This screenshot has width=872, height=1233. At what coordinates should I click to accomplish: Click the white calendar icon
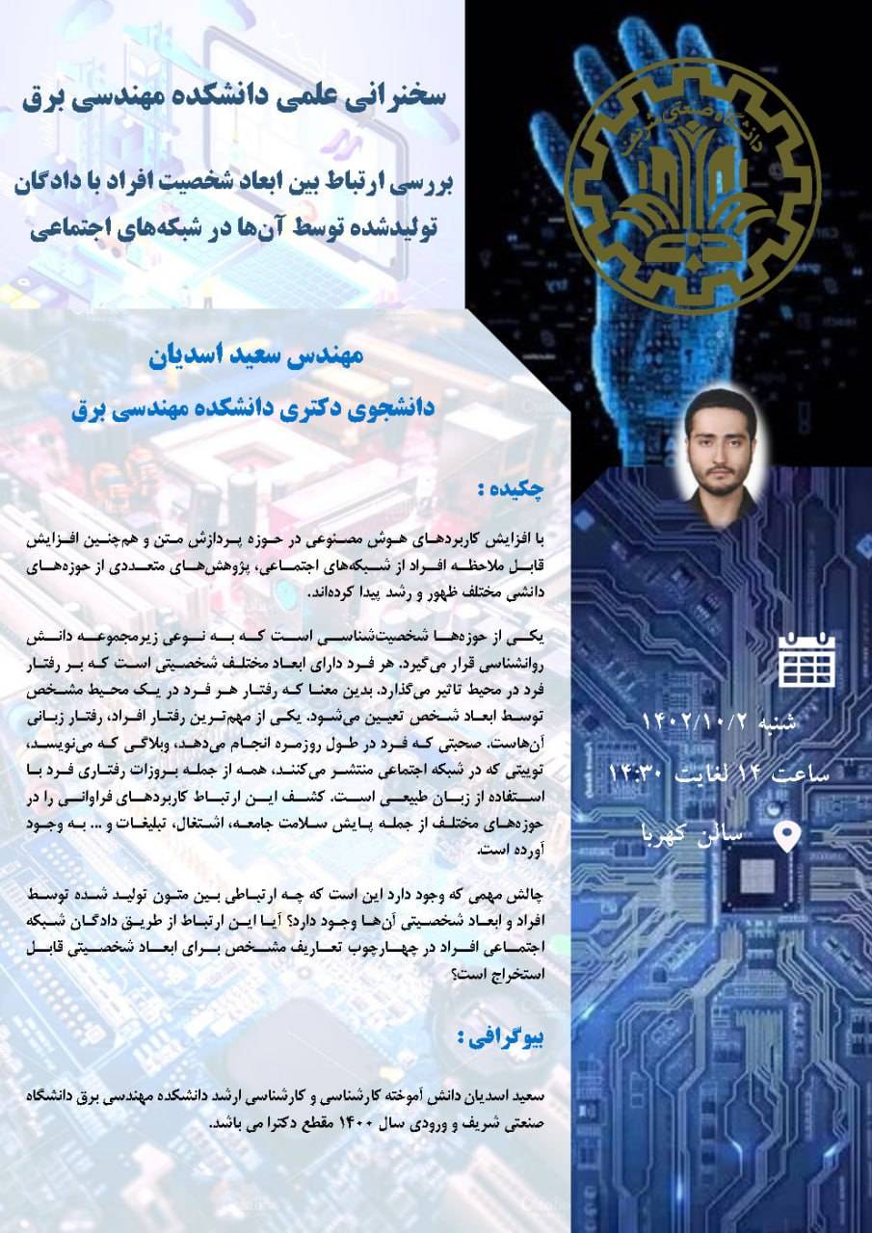pyautogui.click(x=806, y=661)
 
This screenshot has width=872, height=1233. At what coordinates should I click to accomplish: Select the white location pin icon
pyautogui.click(x=788, y=834)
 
